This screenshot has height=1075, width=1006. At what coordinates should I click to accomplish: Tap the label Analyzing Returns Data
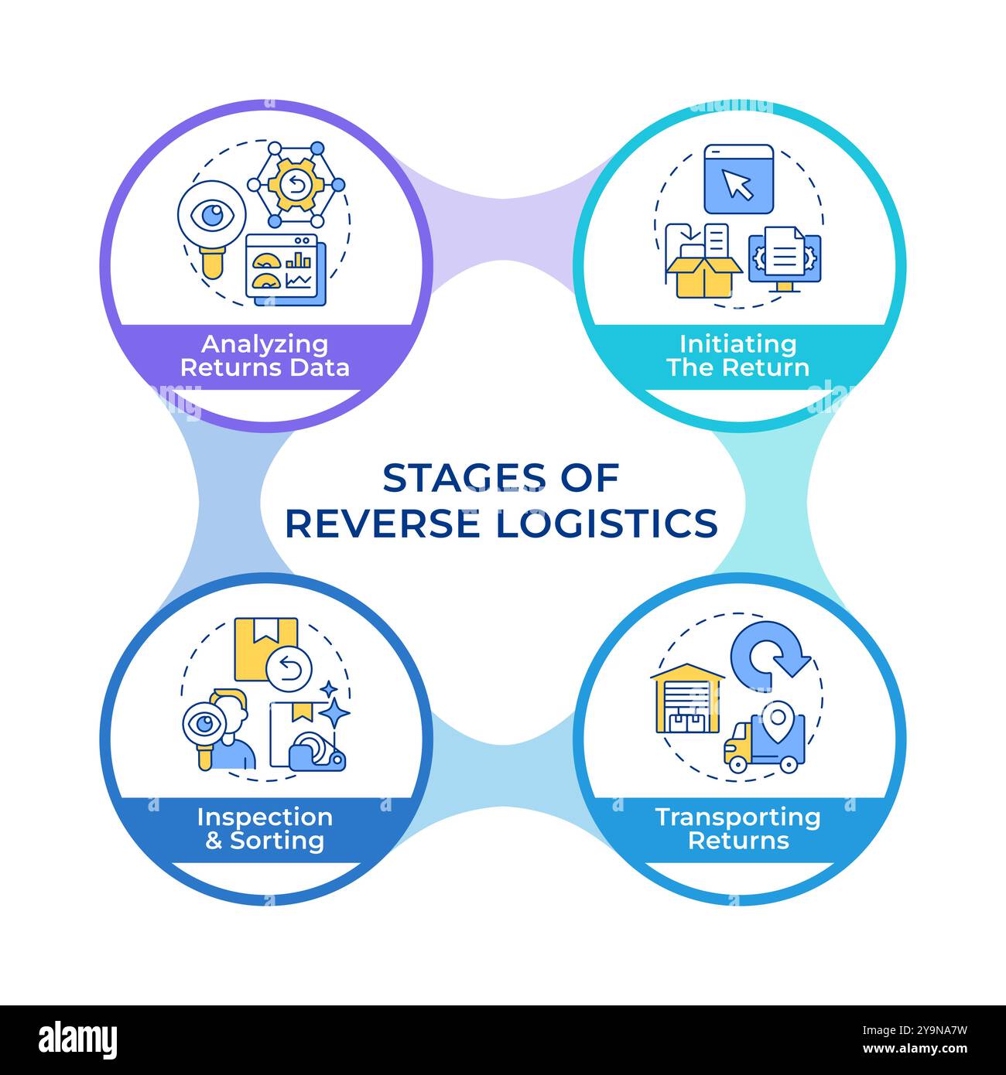[x=265, y=355]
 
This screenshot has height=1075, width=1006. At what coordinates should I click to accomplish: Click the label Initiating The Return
[x=737, y=355]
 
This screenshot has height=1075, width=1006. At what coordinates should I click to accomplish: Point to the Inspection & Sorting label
[x=265, y=828]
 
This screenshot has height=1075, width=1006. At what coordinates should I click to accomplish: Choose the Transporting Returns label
[x=737, y=828]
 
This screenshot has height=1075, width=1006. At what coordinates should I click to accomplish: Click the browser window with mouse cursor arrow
[x=738, y=179]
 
